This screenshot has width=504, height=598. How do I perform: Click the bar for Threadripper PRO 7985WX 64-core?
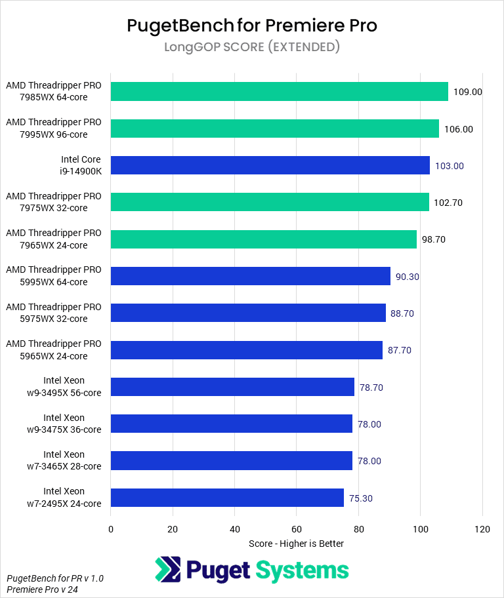(x=279, y=92)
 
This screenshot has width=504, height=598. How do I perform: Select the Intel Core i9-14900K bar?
(x=270, y=165)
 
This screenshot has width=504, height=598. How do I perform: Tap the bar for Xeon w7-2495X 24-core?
(x=227, y=498)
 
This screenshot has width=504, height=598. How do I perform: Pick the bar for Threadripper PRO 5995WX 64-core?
(x=251, y=276)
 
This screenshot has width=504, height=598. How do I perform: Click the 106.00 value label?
(x=458, y=129)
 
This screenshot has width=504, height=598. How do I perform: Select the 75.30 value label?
(x=361, y=498)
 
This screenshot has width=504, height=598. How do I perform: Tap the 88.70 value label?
(x=402, y=313)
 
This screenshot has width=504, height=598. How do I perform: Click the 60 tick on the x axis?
(x=297, y=528)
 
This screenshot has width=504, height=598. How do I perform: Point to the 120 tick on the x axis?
(x=482, y=528)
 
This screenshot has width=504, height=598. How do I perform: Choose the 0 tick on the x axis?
(x=111, y=528)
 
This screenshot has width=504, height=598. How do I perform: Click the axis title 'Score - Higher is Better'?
(x=296, y=544)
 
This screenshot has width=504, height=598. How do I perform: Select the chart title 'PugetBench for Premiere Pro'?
(x=252, y=26)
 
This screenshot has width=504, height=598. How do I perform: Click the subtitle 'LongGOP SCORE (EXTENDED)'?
(x=252, y=47)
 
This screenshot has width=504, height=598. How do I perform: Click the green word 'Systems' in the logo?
(x=303, y=570)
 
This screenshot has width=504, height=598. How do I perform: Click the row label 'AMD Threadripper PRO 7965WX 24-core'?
(x=54, y=239)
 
